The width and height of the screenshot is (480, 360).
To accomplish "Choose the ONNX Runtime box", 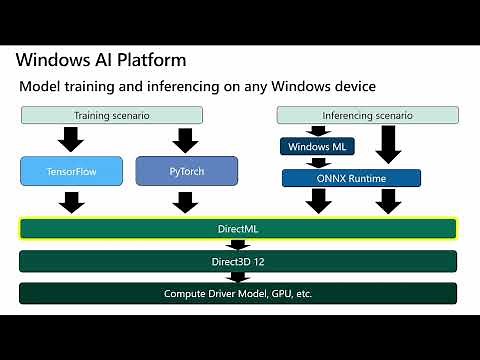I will tap(350, 178).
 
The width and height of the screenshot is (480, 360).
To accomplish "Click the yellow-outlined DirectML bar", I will tap(238, 229).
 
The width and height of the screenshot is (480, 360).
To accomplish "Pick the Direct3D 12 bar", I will tap(238, 261).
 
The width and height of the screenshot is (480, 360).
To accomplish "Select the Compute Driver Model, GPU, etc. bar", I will tap(238, 294).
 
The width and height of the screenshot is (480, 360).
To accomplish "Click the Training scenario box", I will tap(112, 115).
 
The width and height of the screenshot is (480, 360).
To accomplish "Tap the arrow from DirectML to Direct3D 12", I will tap(238, 245).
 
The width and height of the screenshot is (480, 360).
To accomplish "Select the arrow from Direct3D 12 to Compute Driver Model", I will tap(238, 277).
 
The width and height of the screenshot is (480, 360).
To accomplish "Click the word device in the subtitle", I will tap(352, 87).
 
